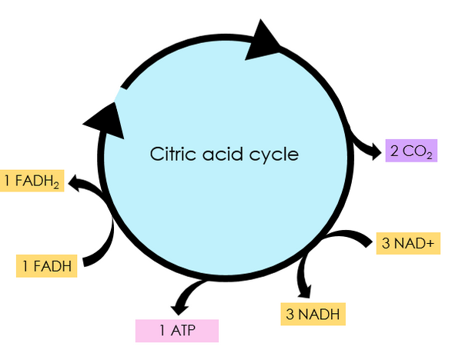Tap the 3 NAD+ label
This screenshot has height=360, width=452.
click(x=407, y=243)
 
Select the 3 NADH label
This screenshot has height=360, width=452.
click(x=312, y=314)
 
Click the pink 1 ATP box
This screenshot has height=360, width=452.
click(x=177, y=331)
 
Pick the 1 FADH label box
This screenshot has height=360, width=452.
click(x=47, y=266)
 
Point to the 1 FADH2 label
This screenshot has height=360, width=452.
click(x=32, y=181)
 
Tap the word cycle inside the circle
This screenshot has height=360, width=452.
click(x=271, y=154)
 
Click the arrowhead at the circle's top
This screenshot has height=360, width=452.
click(x=265, y=42)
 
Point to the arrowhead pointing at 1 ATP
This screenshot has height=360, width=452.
click(x=182, y=305)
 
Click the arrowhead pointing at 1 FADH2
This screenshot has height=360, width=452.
click(x=75, y=182)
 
